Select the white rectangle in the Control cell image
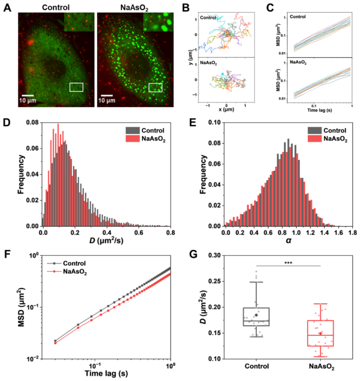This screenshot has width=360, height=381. coord(76,87)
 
